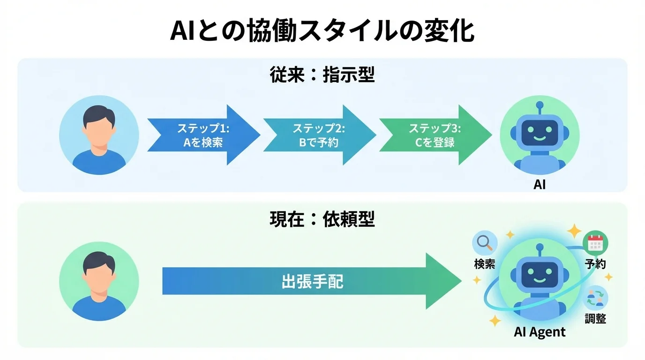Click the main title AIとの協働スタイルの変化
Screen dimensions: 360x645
[322, 30]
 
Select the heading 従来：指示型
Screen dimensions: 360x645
[322, 75]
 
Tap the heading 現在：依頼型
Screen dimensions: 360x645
[322, 219]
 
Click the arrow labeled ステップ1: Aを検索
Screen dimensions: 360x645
[202, 135]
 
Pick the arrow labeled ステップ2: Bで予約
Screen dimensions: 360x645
[319, 135]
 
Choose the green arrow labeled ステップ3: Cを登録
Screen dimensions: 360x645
[435, 135]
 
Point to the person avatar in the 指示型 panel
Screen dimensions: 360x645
[99, 135]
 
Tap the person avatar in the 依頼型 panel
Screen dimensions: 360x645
[99, 281]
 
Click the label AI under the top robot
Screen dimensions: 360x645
[540, 184]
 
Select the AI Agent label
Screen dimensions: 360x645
[540, 332]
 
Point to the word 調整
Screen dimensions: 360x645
[595, 319]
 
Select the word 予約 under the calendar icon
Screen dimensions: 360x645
[595, 264]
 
